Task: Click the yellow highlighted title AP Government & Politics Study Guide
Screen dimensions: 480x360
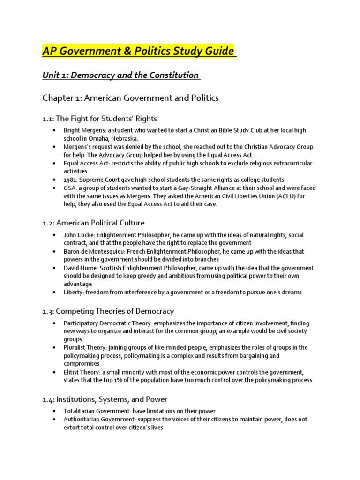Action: pyautogui.click(x=139, y=51)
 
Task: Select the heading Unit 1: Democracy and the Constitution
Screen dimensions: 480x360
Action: pyautogui.click(x=121, y=75)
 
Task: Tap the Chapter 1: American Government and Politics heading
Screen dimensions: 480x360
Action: pyautogui.click(x=131, y=98)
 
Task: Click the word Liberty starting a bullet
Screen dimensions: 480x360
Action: pyautogui.click(x=74, y=292)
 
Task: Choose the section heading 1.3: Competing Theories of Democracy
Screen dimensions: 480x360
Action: pyautogui.click(x=108, y=311)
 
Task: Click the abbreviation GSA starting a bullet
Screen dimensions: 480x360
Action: pyautogui.click(x=70, y=188)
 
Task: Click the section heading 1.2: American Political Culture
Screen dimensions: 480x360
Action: pyautogui.click(x=93, y=223)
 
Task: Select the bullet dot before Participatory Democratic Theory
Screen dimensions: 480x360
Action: pyautogui.click(x=55, y=323)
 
